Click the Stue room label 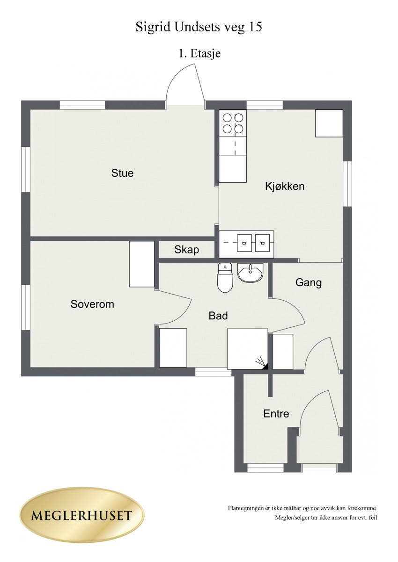[122, 173]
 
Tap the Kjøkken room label [285, 187]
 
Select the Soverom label [92, 304]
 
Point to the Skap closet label [186, 250]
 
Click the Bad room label [218, 316]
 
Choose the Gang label [308, 283]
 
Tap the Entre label [276, 413]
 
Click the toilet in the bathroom [225, 278]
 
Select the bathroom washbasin [250, 273]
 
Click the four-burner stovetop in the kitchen [233, 123]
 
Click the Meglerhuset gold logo [82, 514]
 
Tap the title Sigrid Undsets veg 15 [199, 27]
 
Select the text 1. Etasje [199, 53]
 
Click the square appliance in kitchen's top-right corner [329, 123]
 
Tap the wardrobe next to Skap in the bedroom [142, 264]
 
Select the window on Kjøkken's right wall [347, 184]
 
